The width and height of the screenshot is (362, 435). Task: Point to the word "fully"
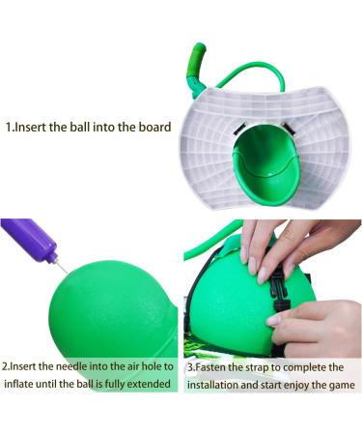[x=118, y=386]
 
